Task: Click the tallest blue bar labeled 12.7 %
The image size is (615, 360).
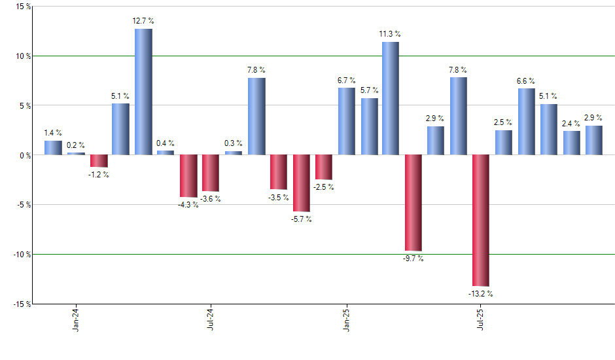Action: (143, 92)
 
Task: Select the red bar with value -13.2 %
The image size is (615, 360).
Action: (480, 220)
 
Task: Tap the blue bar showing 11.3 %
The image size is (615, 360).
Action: (391, 98)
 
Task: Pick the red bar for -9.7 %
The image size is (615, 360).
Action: (413, 203)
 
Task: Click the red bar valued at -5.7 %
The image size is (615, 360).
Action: (301, 183)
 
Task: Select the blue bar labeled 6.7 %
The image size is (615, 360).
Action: (346, 121)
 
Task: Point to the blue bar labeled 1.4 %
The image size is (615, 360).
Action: (53, 148)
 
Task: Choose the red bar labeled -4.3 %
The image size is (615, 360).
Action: (188, 176)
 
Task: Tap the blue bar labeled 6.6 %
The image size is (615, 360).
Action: (526, 122)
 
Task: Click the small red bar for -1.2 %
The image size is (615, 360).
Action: (98, 161)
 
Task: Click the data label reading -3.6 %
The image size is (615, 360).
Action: (211, 198)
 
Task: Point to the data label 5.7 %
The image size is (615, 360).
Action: (369, 90)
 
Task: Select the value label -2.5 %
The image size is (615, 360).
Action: (324, 187)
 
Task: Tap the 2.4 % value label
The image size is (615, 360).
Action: (571, 123)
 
